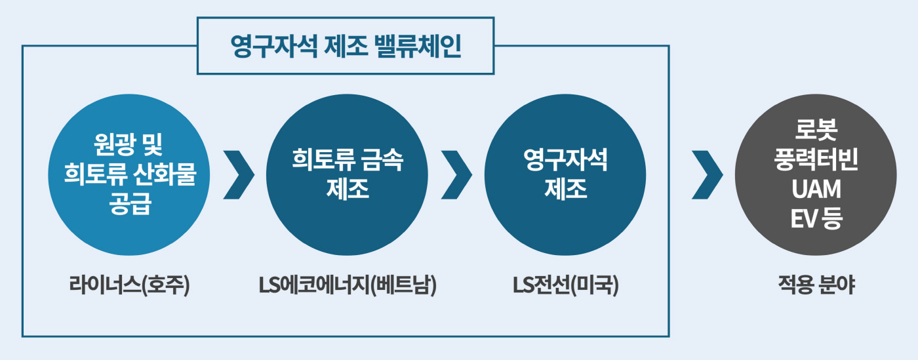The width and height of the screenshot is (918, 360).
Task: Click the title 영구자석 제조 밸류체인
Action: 346,46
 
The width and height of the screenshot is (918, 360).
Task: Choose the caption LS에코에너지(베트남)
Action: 347,286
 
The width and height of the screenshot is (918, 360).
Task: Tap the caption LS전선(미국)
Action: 565,286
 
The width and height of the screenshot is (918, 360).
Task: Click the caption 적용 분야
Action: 816,286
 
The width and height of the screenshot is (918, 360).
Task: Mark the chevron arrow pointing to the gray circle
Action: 707,174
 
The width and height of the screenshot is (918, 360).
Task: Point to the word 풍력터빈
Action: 816,159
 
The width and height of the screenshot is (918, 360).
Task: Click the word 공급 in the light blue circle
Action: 129,205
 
